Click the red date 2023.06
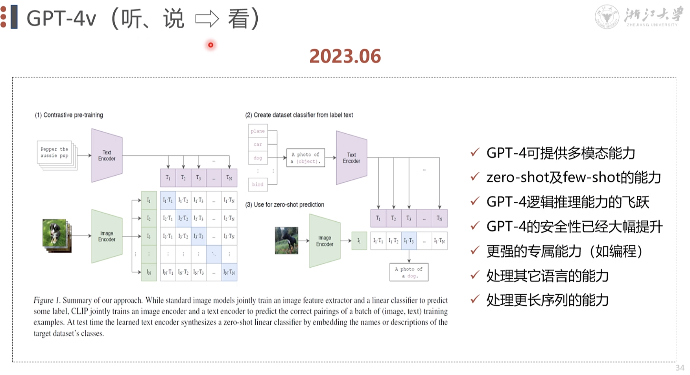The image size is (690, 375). [x=345, y=56]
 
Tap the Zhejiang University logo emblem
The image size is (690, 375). [x=607, y=17]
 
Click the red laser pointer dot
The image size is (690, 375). [x=211, y=45]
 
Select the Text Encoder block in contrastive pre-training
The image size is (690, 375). [x=107, y=156]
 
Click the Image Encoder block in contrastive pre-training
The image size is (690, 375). [x=107, y=236]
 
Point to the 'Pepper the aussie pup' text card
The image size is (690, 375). [x=55, y=153]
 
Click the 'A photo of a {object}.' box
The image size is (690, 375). [x=306, y=158]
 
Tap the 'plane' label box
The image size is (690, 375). [x=258, y=131]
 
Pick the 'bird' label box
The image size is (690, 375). [x=258, y=184]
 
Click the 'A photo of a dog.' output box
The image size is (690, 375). [x=409, y=272]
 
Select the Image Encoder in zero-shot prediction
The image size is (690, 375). [x=325, y=241]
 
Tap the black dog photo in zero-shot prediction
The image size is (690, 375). [x=286, y=240]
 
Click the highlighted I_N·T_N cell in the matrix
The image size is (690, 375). [x=229, y=272]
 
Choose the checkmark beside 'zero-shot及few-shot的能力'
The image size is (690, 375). [x=475, y=177]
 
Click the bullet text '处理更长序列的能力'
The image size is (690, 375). [x=547, y=300]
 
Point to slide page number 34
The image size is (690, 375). [x=680, y=368]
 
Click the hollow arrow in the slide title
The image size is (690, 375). [x=207, y=18]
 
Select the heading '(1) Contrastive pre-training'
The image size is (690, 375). [x=69, y=115]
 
